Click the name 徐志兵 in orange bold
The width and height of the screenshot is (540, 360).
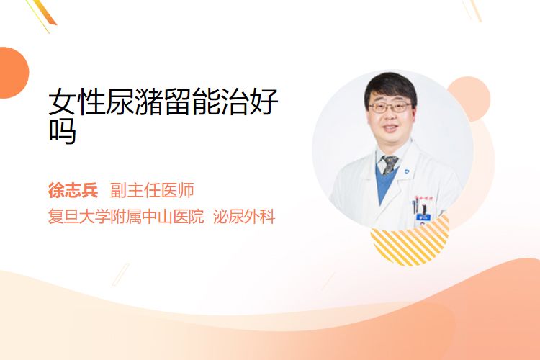(73, 190)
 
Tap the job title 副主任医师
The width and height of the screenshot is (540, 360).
(152, 190)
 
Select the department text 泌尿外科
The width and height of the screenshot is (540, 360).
(244, 217)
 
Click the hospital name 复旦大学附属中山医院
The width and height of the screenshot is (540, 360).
(126, 217)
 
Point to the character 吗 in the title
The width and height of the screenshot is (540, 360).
(63, 131)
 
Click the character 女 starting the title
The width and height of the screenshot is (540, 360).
(62, 102)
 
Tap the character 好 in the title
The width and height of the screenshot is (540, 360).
(264, 102)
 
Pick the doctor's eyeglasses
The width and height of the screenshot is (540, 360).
(390, 108)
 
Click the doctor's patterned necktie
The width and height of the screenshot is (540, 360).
(389, 165)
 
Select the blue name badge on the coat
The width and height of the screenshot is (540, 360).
(423, 217)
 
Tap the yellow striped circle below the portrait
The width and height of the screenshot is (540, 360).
(410, 243)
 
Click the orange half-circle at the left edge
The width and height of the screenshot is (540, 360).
(14, 73)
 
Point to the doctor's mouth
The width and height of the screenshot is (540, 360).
(390, 128)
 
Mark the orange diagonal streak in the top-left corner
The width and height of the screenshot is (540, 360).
(44, 12)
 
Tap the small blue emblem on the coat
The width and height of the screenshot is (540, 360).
(406, 171)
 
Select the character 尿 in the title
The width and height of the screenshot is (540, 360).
(120, 102)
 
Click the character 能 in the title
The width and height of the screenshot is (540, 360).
(206, 102)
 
